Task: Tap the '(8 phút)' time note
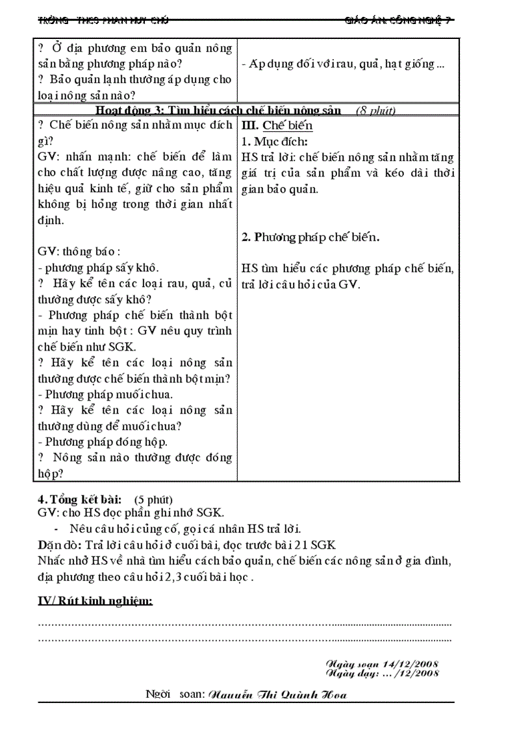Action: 376,110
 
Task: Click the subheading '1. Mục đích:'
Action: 274,142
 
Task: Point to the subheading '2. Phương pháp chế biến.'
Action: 310,237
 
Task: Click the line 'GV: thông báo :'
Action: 79,252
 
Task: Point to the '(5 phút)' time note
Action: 153,500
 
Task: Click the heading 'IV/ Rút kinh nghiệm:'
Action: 95,601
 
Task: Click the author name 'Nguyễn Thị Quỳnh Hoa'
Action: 276,695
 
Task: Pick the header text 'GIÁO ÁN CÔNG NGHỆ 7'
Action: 397,21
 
